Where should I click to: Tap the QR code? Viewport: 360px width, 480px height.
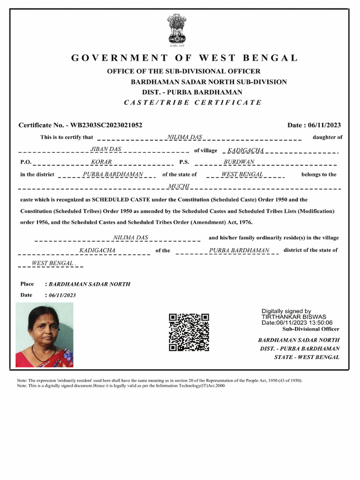(x=189, y=332)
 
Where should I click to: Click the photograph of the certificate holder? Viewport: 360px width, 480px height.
(x=45, y=335)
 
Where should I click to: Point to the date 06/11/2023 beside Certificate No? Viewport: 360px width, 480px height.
(x=325, y=125)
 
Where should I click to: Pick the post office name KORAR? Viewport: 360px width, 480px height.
(x=101, y=162)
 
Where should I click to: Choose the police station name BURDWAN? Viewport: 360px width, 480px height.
(x=239, y=162)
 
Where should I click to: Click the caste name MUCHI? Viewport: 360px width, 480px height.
(x=179, y=187)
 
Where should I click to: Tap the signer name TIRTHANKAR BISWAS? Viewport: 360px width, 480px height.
(x=294, y=317)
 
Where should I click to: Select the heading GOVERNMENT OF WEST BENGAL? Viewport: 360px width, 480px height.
(x=185, y=58)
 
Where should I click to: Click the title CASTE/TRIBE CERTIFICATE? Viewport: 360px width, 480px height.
(x=193, y=103)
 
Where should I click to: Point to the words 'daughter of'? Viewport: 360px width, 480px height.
(x=327, y=137)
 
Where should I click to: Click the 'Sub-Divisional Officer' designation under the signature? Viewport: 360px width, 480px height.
(x=314, y=329)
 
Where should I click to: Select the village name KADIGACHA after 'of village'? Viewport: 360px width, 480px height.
(x=245, y=150)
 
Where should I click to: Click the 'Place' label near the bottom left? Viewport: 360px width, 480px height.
(x=27, y=284)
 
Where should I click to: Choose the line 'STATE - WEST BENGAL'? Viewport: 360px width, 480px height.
(x=307, y=357)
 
